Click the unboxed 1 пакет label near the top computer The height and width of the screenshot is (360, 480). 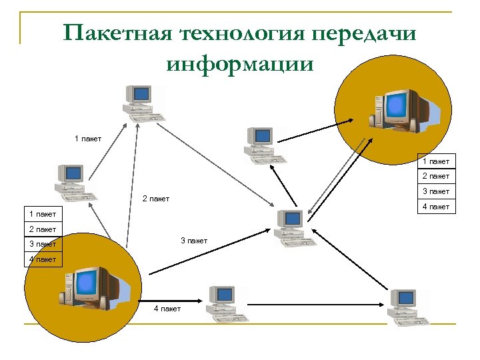88,139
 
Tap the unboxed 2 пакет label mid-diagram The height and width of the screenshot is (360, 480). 156,199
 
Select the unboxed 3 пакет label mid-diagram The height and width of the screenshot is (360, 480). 194,241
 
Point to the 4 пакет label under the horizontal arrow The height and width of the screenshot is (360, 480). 167,309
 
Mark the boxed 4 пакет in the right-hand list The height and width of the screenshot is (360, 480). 435,207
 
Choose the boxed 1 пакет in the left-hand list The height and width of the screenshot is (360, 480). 43,214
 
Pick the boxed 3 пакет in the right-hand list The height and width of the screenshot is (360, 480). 435,191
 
